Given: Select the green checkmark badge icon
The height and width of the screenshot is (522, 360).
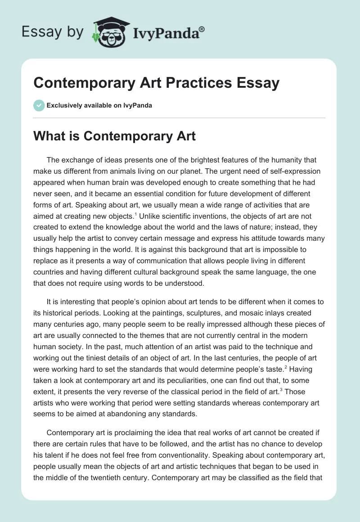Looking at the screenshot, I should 38,105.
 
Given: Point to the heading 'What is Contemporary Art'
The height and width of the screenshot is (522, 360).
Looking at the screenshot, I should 114,136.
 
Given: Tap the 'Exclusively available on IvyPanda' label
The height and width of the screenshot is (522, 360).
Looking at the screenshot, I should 99,105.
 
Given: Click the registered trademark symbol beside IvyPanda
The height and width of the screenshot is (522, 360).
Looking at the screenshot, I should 202,28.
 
